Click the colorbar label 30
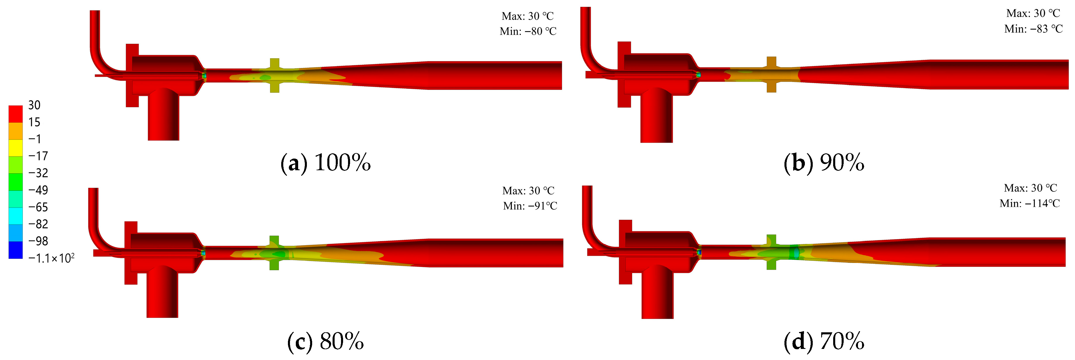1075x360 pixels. (34, 105)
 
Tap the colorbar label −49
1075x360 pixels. (38, 190)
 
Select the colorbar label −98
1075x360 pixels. (38, 241)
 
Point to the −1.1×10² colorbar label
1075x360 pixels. (51, 258)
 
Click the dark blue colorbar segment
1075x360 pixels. (15, 250)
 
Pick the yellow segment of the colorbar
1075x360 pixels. (15, 148)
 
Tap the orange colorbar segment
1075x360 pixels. (15, 131)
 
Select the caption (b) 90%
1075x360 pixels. (824, 162)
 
